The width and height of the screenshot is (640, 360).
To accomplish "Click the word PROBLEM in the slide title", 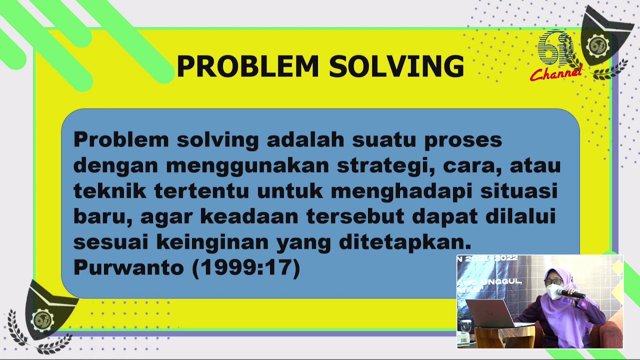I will pyautogui.click(x=247, y=66).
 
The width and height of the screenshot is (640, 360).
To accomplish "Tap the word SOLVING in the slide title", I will pyautogui.click(x=396, y=66).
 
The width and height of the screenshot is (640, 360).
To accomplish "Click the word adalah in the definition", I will pyautogui.click(x=305, y=140).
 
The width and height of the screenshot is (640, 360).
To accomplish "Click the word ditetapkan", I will pyautogui.click(x=405, y=242).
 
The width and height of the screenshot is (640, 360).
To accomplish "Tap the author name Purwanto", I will pyautogui.click(x=128, y=268).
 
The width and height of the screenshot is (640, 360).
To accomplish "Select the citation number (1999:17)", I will pyautogui.click(x=246, y=268).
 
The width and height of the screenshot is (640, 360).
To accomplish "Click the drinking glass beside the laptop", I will pyautogui.click(x=466, y=326).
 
